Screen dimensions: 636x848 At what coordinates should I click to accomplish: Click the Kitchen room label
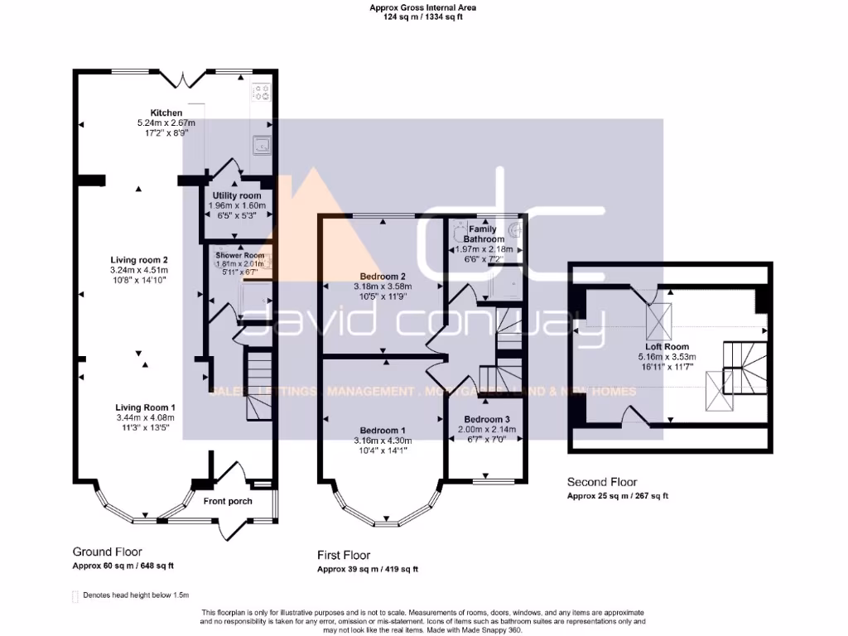point(166,113)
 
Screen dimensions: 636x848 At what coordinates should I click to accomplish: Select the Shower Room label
point(240,255)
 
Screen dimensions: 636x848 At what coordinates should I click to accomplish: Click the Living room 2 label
point(139,260)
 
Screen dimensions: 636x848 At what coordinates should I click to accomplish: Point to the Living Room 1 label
point(145,407)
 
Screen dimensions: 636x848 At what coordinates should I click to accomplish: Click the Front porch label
point(228,501)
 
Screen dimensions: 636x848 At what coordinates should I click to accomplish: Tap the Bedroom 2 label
point(382,277)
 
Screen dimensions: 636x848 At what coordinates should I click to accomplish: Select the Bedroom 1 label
point(383,430)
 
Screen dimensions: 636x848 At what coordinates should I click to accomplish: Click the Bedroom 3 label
point(487,419)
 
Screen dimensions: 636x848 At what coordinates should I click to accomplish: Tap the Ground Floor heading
point(107,552)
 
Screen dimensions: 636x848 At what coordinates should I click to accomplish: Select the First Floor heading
point(344,555)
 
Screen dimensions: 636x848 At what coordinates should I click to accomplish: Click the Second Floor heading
point(602,482)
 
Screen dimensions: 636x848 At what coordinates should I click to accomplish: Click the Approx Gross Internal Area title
point(423,7)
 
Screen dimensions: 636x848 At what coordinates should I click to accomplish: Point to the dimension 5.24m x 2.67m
point(166,123)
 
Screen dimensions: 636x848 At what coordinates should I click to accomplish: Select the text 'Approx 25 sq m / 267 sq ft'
point(617,496)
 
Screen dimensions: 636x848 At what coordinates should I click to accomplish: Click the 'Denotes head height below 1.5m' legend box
point(76,595)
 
